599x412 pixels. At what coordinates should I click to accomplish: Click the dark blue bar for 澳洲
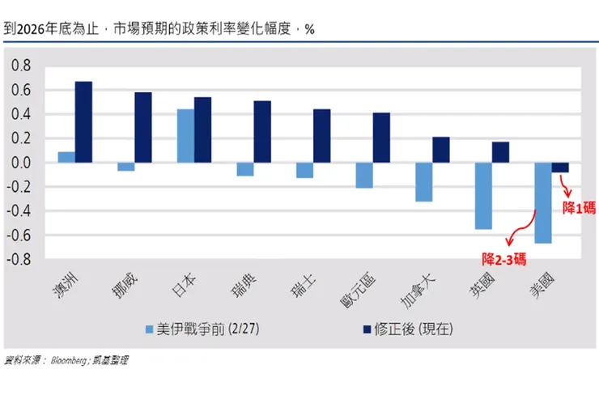pyautogui.click(x=83, y=122)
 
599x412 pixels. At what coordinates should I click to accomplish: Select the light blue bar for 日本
pyautogui.click(x=185, y=136)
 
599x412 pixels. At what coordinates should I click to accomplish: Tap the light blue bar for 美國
pyautogui.click(x=542, y=202)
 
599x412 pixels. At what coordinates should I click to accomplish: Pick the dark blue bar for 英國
pyautogui.click(x=500, y=152)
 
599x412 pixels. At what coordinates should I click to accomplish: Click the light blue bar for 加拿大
pyautogui.click(x=423, y=182)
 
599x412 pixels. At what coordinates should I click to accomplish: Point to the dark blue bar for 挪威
pyautogui.click(x=143, y=127)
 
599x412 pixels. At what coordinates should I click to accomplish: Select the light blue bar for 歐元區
pyautogui.click(x=364, y=175)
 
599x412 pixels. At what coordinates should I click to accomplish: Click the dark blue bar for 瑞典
pyautogui.click(x=262, y=132)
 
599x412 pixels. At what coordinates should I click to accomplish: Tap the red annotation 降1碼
pyautogui.click(x=578, y=207)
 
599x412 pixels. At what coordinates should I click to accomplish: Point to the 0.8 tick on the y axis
pyautogui.click(x=19, y=66)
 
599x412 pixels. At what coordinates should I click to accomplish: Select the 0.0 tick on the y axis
pyautogui.click(x=19, y=163)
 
